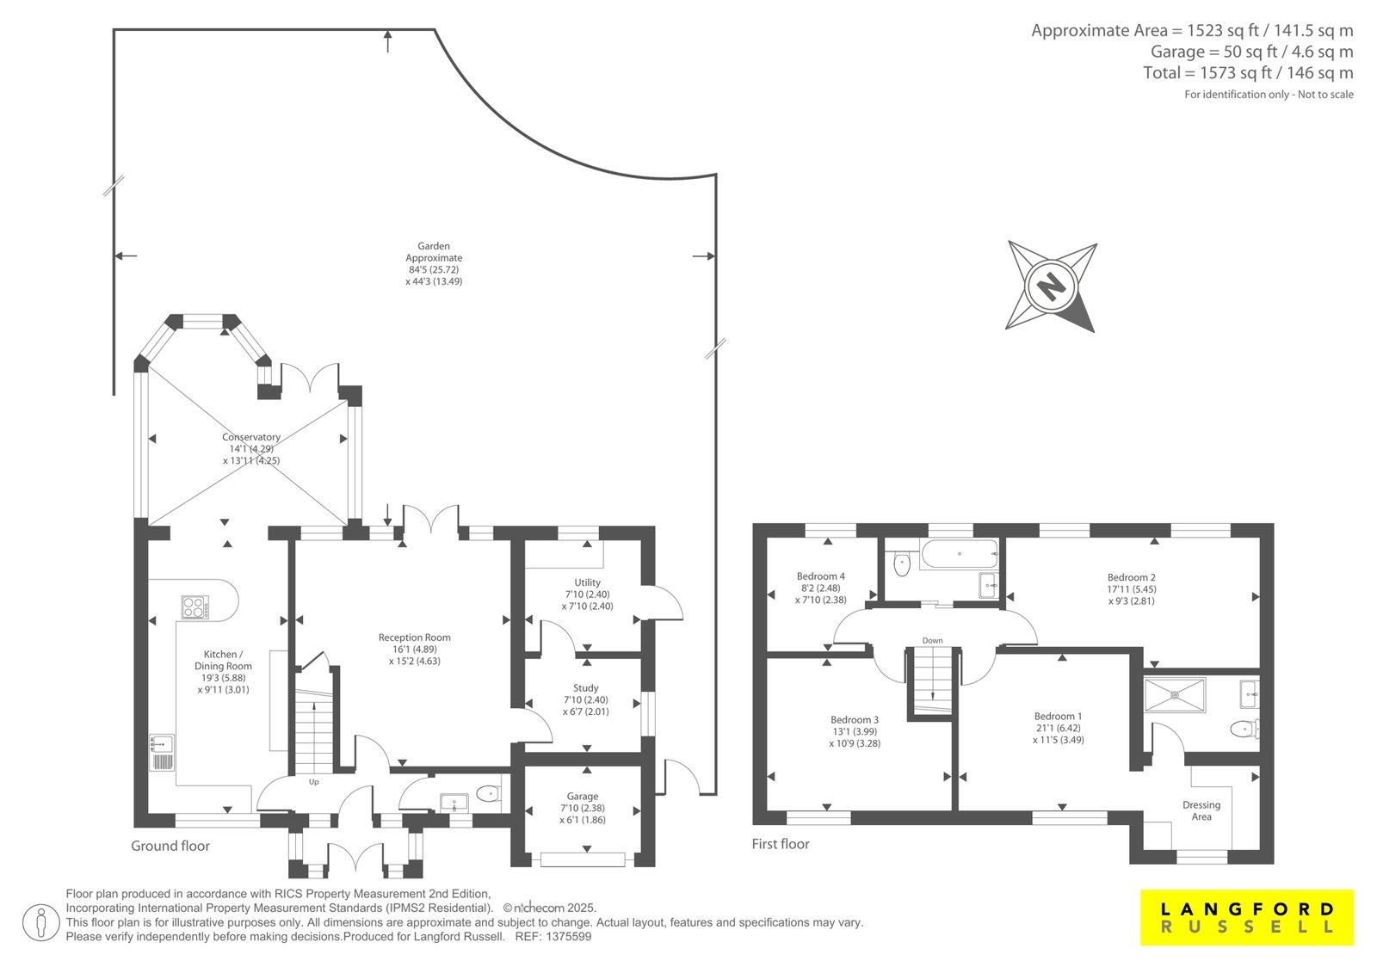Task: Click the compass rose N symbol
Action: (1051, 286)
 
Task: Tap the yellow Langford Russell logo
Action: (1247, 917)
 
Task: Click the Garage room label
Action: (582, 796)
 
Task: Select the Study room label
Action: (586, 687)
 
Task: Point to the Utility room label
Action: (587, 582)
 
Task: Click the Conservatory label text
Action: (250, 437)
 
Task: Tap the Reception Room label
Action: (414, 637)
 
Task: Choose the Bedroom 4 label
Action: (821, 576)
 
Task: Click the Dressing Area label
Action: (1201, 810)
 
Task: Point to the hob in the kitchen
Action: (195, 607)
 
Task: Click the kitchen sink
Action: (162, 753)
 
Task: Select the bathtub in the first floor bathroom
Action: (959, 554)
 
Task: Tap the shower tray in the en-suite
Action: (1175, 695)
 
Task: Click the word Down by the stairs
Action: (932, 640)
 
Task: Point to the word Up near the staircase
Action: (313, 782)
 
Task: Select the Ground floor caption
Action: (170, 846)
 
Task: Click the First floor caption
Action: (780, 844)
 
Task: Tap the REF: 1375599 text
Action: (553, 937)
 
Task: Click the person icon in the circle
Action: (40, 922)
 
